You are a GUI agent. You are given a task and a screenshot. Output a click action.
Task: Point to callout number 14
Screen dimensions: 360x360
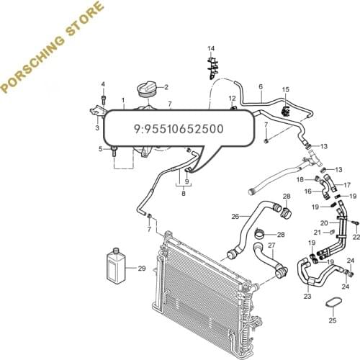(211, 48)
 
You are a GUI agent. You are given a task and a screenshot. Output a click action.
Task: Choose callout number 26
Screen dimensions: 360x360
(235, 216)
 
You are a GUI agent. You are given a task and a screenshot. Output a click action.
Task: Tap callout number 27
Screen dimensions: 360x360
(271, 246)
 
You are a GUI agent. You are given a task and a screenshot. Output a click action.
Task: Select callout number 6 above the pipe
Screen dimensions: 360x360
(260, 87)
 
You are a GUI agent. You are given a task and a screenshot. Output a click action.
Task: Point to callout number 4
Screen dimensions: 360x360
(102, 84)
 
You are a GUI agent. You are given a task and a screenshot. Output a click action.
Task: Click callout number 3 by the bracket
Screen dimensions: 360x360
(98, 128)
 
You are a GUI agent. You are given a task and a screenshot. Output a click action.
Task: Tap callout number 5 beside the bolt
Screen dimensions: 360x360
(101, 149)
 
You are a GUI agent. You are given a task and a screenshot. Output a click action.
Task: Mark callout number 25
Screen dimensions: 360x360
(333, 320)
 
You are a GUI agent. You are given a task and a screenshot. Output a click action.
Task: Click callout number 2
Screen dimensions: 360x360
(166, 88)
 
